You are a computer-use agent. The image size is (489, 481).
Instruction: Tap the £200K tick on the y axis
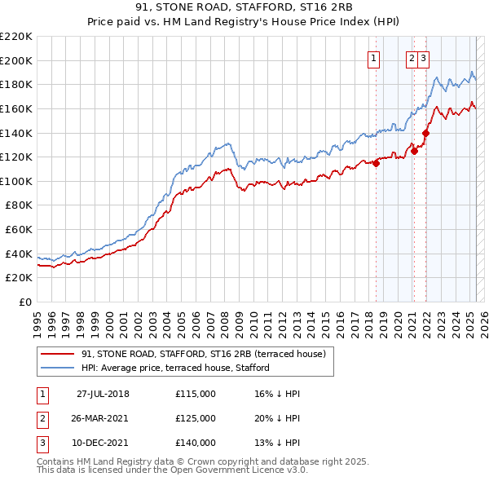coord(16,60)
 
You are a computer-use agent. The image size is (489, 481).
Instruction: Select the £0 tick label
coord(24,302)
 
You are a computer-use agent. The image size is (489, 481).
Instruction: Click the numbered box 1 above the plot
coord(373,58)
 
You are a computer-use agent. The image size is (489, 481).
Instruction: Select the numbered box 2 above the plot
coord(412,58)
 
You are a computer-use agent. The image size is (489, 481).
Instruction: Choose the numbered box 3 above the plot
coord(425,58)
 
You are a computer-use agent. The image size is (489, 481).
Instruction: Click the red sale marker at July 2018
coord(377,163)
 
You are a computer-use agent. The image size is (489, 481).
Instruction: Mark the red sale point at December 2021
coord(425,133)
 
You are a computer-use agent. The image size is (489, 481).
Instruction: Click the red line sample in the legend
coord(57,355)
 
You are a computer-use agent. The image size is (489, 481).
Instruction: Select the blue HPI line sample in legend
coord(57,368)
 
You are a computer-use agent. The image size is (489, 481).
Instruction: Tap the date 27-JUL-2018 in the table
coord(103,394)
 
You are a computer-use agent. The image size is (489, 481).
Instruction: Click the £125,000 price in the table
coord(196,418)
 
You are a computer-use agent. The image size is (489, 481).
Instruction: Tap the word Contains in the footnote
coord(58,461)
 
